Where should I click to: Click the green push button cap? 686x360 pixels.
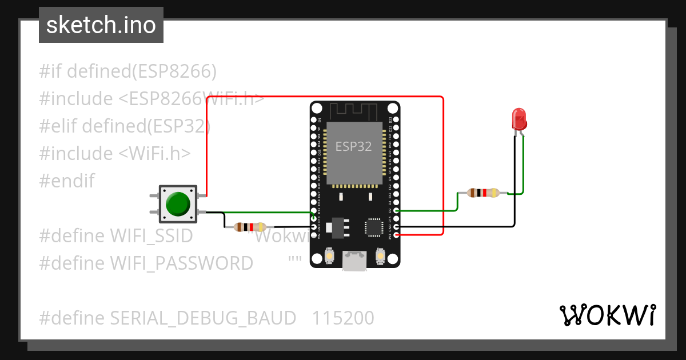178,204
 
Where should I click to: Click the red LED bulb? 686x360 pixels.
519,119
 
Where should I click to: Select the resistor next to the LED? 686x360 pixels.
484,193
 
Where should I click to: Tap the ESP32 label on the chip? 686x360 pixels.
353,146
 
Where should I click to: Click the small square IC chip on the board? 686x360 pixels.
374,226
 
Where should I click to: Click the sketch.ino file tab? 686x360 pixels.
101,25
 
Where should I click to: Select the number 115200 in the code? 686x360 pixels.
343,318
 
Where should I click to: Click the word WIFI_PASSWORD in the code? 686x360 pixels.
181,263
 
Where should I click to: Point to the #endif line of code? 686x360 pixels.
67,181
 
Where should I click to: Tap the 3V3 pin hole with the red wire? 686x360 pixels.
396,234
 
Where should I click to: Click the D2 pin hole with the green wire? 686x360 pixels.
396,211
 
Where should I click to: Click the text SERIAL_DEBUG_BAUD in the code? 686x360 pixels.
203,318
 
